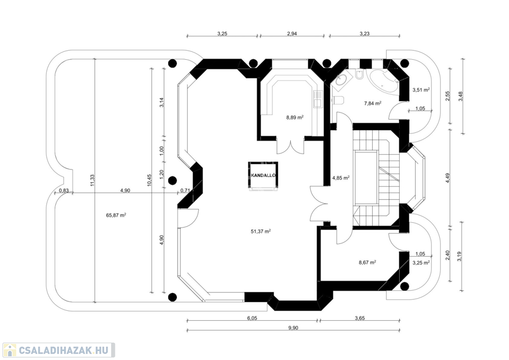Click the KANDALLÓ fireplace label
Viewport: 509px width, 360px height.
click(263, 176)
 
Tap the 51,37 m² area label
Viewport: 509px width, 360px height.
click(260, 231)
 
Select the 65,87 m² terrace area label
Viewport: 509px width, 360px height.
click(116, 215)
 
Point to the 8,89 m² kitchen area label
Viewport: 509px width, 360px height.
click(295, 117)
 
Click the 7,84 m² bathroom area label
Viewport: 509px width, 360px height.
click(373, 103)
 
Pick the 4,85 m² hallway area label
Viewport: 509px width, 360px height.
click(341, 178)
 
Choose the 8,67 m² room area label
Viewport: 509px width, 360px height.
click(367, 262)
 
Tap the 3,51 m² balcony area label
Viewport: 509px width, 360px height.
click(421, 90)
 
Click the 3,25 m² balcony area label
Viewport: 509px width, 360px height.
click(421, 263)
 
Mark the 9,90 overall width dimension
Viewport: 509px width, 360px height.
click(293, 328)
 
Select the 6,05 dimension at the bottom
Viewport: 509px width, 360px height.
click(252, 318)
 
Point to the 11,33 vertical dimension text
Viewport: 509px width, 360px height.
click(92, 180)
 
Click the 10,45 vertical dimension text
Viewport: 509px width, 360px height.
click(149, 180)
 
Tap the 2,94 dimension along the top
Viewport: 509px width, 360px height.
click(292, 33)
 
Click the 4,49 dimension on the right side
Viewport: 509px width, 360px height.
click(448, 178)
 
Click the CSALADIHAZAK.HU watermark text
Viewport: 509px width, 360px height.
click(63, 350)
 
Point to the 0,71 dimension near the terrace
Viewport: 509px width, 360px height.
click(185, 190)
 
